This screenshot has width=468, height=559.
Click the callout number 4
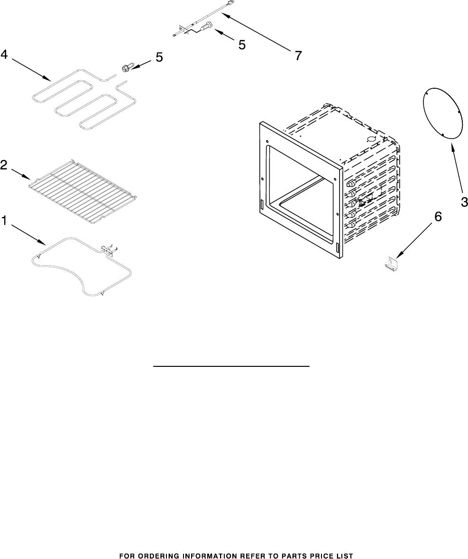pyautogui.click(x=4, y=55)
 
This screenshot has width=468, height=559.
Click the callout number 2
pyautogui.click(x=4, y=165)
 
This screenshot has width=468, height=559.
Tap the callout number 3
pyautogui.click(x=464, y=202)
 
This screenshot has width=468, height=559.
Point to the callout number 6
pyautogui.click(x=438, y=217)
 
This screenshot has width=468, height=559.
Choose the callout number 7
pyautogui.click(x=298, y=56)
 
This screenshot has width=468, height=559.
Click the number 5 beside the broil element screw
pyautogui.click(x=159, y=57)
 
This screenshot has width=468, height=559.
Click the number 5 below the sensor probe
pyautogui.click(x=242, y=45)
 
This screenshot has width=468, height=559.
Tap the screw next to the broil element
pyautogui.click(x=126, y=68)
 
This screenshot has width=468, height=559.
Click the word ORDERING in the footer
pyautogui.click(x=162, y=555)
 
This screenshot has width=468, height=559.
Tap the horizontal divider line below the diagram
pyautogui.click(x=231, y=366)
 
